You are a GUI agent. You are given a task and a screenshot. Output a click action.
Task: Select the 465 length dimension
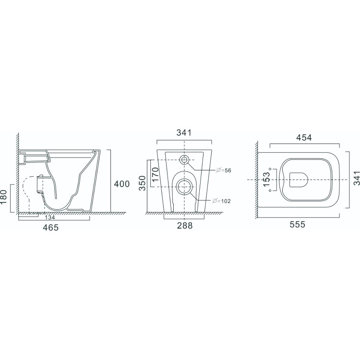pos(50,228)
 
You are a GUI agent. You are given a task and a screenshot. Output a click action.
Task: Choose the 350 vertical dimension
pos(143,184)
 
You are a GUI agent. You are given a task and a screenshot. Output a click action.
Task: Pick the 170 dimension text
pos(155,174)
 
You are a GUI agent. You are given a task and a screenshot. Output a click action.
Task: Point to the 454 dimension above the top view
pos(304,138)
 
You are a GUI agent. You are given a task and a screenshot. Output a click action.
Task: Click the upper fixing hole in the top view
pos(271,168)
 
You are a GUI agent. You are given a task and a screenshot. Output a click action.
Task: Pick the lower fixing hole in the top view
pos(271,190)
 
